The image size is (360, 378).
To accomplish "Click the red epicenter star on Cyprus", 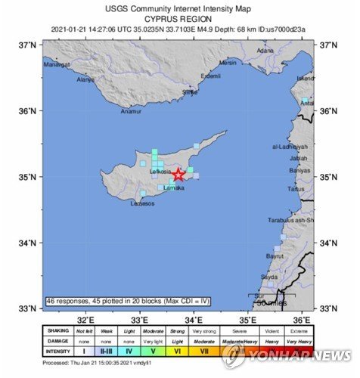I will (178, 175).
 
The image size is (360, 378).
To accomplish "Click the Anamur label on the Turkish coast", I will (132, 111).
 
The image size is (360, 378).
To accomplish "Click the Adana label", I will (265, 51).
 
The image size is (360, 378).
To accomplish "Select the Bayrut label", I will (275, 256).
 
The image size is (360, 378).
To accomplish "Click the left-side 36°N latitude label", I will (29, 111).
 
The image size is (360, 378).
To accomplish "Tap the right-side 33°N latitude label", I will (329, 308).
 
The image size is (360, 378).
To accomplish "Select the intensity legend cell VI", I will (178, 351).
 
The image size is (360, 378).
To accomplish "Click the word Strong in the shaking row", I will (178, 330).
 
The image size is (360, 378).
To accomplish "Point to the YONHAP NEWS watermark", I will (299, 355).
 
